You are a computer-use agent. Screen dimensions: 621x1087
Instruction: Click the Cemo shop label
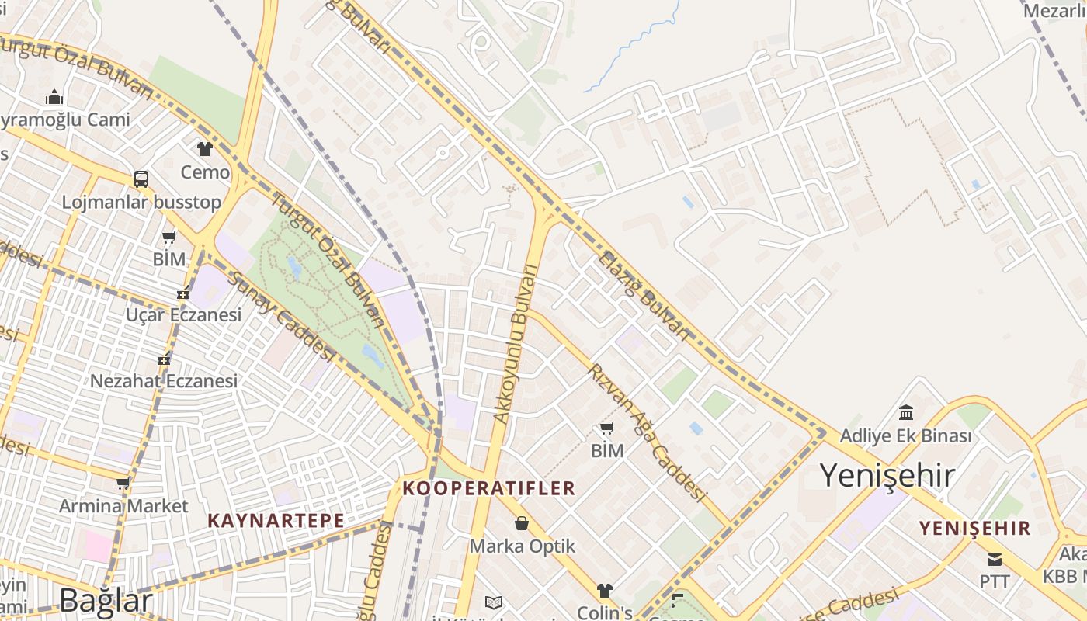tap(205, 172)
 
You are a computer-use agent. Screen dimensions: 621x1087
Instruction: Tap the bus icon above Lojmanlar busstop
tap(141, 179)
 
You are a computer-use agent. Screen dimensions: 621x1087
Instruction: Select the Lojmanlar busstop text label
tap(141, 203)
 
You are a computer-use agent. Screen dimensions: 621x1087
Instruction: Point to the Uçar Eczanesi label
tap(183, 315)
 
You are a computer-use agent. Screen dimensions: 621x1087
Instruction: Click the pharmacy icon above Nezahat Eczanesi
tap(164, 359)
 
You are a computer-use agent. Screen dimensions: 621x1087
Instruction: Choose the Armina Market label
tap(123, 506)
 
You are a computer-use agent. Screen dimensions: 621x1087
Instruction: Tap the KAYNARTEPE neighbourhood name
tap(276, 521)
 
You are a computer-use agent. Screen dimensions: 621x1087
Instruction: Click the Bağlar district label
tap(106, 601)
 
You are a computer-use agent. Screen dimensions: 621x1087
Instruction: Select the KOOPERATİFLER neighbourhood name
tap(489, 488)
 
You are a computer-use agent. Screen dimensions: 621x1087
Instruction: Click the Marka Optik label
tap(523, 546)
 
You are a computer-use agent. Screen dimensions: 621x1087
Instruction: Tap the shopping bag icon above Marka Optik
tap(522, 524)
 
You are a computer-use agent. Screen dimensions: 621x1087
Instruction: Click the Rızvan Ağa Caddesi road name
tap(648, 432)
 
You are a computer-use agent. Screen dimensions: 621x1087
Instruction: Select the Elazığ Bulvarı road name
tap(643, 296)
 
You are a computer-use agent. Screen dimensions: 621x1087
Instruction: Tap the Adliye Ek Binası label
tap(905, 436)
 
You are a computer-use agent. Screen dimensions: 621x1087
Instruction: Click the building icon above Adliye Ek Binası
tap(905, 412)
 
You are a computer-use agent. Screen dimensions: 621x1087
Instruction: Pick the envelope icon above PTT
tap(994, 559)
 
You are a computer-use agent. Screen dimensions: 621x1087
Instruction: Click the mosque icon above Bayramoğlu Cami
tap(54, 97)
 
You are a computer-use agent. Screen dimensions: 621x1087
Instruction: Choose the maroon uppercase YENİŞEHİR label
tap(975, 529)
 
